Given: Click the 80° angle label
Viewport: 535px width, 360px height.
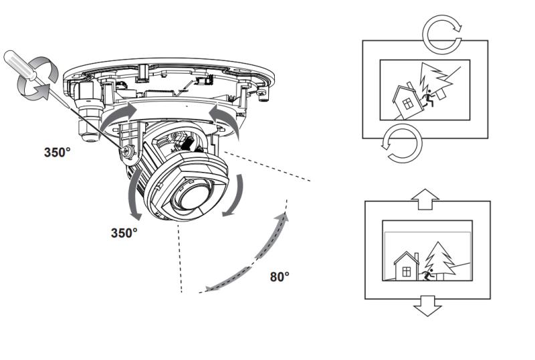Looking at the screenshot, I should (280, 276).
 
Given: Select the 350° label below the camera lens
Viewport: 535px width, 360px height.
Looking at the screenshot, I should (124, 233).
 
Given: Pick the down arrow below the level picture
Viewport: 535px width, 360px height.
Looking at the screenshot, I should (425, 306).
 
